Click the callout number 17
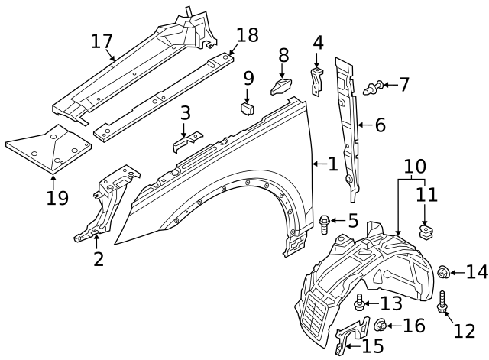click(x=102, y=41)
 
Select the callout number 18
click(x=248, y=35)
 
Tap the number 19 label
click(x=57, y=199)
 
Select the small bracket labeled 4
click(x=317, y=79)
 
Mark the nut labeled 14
click(x=442, y=271)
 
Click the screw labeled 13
click(x=360, y=304)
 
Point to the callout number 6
click(x=380, y=125)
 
